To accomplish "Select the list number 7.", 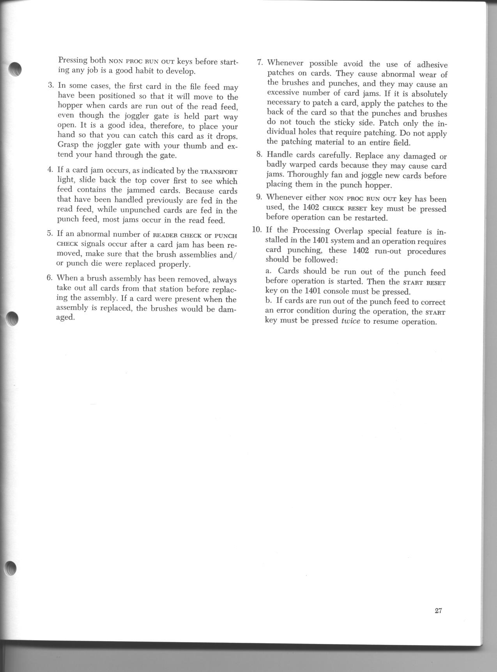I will point(260,62).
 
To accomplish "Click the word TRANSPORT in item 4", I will point(219,171).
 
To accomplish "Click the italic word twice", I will point(350,322).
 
